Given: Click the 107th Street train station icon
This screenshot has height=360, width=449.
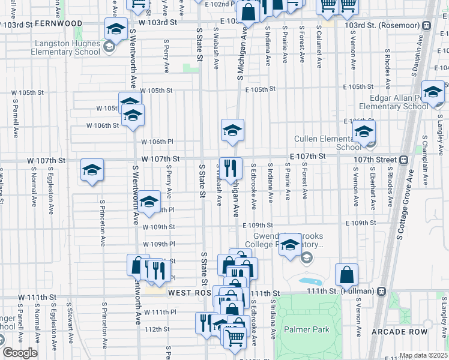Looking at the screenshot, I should coord(404,160).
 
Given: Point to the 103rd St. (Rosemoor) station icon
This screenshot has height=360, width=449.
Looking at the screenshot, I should coord(426,25).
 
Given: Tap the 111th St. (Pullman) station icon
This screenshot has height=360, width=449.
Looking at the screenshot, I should coord(381,291).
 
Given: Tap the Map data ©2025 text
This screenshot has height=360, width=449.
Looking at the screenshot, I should coord(423,355).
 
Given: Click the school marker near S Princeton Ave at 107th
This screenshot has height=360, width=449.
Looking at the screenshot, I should coord(92,171).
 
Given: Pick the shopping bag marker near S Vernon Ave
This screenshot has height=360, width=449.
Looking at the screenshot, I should coord(346,276).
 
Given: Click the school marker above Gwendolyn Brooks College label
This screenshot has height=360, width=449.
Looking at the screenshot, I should coord(291,245).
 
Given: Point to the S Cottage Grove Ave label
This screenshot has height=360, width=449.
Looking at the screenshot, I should coord(403,205).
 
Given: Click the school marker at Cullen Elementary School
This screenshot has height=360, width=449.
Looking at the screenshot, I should coord(364,133).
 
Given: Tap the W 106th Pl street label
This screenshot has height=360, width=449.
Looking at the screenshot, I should coord(157,142).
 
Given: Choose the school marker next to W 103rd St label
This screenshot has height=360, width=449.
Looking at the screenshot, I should coord(116,29).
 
